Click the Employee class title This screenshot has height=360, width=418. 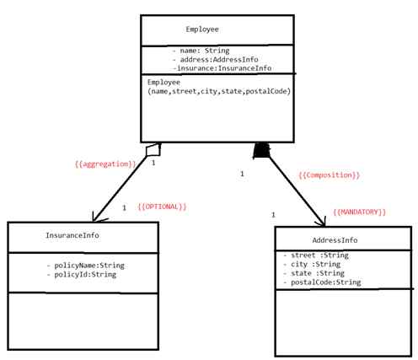pyautogui.click(x=202, y=30)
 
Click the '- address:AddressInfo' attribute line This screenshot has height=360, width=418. pyautogui.click(x=215, y=61)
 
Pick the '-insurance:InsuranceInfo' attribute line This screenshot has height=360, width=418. pyautogui.click(x=222, y=69)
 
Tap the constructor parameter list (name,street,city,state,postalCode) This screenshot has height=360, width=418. pyautogui.click(x=219, y=91)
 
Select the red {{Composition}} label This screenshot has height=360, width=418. pyautogui.click(x=329, y=175)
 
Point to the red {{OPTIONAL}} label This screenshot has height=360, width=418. pyautogui.click(x=162, y=207)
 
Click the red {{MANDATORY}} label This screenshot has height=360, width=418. pyautogui.click(x=360, y=212)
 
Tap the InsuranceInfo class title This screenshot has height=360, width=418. pyautogui.click(x=72, y=237)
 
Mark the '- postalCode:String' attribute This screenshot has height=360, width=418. pyautogui.click(x=322, y=282)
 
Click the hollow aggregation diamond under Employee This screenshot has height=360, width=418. pyautogui.click(x=153, y=149)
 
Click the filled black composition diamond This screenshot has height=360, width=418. pyautogui.click(x=261, y=151)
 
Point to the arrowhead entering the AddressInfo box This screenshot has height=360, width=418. pyautogui.click(x=320, y=221)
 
